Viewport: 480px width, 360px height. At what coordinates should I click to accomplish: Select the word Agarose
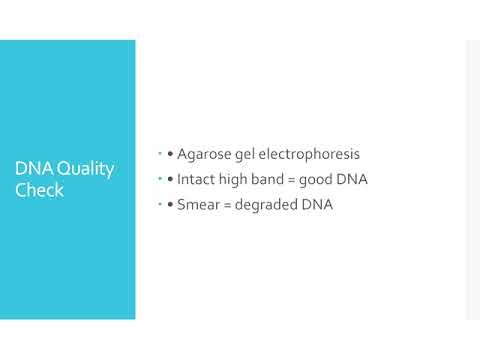pos(207,155)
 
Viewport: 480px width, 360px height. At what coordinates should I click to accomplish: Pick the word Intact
pos(201,180)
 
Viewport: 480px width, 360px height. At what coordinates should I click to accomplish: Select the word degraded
pos(273,205)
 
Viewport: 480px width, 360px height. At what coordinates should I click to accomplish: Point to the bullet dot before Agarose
pos(171,156)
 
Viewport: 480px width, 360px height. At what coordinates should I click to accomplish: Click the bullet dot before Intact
pos(171,181)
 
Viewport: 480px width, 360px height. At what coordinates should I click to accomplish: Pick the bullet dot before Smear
pos(171,206)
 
